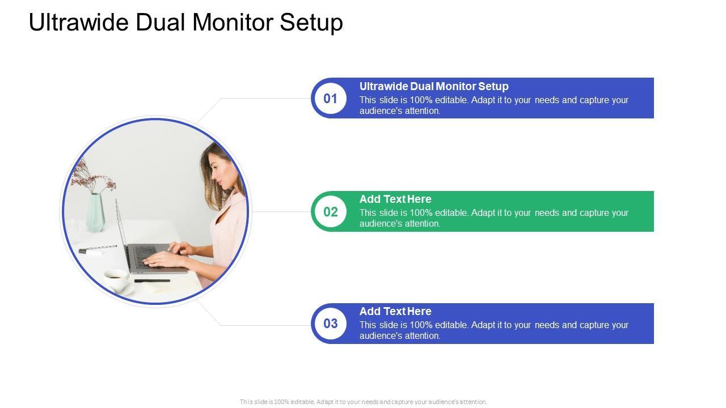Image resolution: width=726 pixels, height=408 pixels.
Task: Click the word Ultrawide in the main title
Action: coord(79,22)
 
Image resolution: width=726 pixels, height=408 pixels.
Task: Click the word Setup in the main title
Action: coord(311,23)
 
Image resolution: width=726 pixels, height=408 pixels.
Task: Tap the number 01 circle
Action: coord(330,99)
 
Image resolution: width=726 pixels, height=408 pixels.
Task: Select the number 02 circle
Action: coord(330,212)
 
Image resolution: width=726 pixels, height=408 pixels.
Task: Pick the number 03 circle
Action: coord(330,324)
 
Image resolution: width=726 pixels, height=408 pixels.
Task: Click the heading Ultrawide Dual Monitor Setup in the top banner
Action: coord(434,87)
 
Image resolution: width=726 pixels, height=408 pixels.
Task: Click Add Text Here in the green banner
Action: coord(395,199)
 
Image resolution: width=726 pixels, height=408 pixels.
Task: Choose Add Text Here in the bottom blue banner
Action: coord(395,311)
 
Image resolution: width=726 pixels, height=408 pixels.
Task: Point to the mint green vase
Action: coord(95,212)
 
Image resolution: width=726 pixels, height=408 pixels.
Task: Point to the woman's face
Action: coord(221,171)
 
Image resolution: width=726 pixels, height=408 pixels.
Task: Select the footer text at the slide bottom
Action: coord(364,402)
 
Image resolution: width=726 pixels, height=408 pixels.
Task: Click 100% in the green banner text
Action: coord(421,212)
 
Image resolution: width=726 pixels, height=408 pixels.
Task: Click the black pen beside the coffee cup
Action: coord(152,280)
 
